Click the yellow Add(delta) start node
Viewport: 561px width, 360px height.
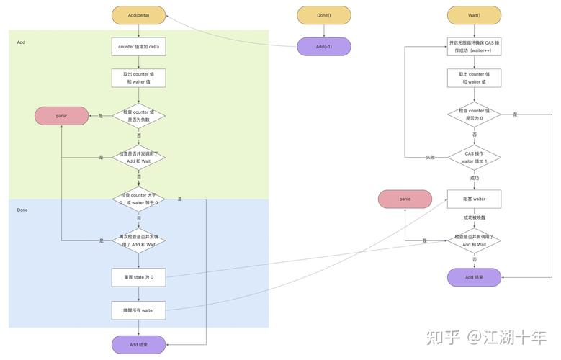point(138,15)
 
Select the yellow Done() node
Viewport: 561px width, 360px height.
point(323,15)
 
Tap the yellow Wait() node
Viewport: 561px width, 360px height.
point(474,15)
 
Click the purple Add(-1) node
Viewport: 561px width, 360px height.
point(323,47)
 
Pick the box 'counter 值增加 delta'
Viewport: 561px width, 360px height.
point(138,47)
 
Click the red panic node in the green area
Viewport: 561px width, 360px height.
point(62,115)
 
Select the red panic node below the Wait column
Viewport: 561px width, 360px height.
point(405,199)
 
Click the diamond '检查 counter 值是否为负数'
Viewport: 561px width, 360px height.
point(138,115)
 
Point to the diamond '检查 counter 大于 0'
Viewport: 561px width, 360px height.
point(138,199)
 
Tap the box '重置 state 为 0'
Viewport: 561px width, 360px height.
point(138,277)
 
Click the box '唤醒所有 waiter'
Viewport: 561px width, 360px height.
point(138,310)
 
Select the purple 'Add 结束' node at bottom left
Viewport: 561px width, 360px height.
point(138,344)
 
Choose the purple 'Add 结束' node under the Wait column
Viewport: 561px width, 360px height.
point(474,277)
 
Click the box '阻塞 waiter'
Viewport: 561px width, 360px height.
point(474,199)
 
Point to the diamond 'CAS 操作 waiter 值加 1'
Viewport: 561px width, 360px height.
point(474,157)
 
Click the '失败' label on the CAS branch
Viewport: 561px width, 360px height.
point(431,157)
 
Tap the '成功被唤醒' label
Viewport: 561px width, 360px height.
point(474,217)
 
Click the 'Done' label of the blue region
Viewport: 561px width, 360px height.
point(22,210)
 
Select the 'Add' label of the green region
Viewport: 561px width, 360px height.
point(22,42)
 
